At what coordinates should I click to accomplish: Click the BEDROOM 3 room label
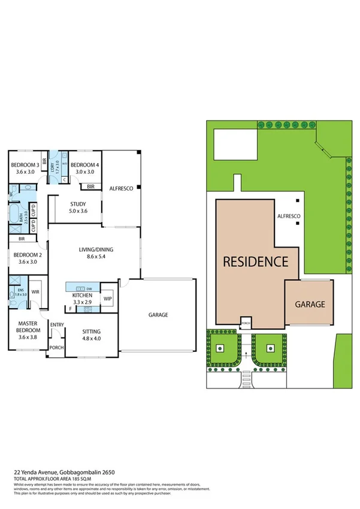pyautogui.click(x=25, y=165)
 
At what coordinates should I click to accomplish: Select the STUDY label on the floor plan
pyautogui.click(x=78, y=204)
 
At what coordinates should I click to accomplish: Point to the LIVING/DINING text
pyautogui.click(x=96, y=250)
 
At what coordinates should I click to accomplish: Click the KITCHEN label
pyautogui.click(x=82, y=296)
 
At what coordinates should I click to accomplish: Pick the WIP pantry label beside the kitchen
pyautogui.click(x=108, y=299)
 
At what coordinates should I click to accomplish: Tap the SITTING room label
pyautogui.click(x=92, y=332)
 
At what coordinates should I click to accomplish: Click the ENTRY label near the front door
pyautogui.click(x=57, y=325)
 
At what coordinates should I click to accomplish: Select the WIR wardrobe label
pyautogui.click(x=35, y=292)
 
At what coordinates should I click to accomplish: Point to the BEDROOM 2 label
pyautogui.click(x=25, y=255)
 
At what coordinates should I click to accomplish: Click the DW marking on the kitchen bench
pyautogui.click(x=89, y=288)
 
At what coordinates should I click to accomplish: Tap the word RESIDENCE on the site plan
pyautogui.click(x=256, y=261)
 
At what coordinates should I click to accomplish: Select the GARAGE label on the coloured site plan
pyautogui.click(x=310, y=304)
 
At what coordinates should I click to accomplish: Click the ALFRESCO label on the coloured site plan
pyautogui.click(x=288, y=215)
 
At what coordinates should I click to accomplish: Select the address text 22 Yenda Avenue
pyautogui.click(x=37, y=472)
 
